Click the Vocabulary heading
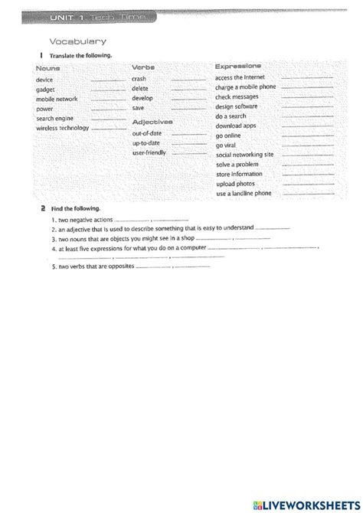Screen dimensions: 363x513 [77, 41]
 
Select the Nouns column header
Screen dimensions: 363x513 [48, 69]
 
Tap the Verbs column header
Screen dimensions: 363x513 [143, 68]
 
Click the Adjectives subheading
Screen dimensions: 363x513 [152, 122]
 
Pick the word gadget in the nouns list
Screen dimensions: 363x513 [46, 90]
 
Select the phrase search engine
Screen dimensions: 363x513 [55, 119]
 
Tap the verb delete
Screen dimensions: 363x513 [140, 89]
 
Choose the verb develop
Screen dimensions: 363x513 [142, 99]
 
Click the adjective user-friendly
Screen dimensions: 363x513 [149, 153]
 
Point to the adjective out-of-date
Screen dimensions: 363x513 [147, 133]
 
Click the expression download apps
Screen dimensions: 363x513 [235, 125]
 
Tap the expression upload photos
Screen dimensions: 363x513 [236, 184]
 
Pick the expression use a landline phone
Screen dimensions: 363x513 [244, 194]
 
